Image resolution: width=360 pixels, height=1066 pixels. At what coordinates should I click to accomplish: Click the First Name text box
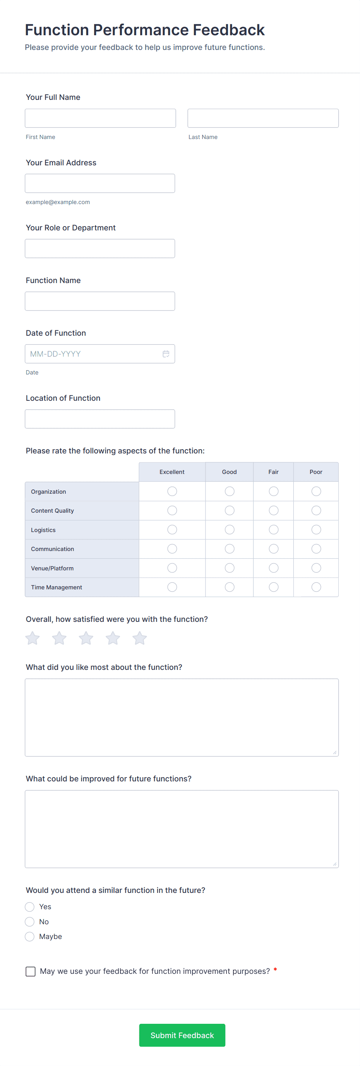tap(100, 118)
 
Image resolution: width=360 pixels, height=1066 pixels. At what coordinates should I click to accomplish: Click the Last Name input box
tap(263, 118)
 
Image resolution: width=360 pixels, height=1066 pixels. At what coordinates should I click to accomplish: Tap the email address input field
tap(100, 183)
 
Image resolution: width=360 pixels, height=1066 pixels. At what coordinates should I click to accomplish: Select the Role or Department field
tap(100, 248)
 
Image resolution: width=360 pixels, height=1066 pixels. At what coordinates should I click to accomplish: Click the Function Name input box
tap(100, 301)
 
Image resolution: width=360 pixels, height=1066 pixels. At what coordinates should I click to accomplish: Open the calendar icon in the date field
tap(166, 354)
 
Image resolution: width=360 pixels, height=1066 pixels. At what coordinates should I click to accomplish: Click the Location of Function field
tap(100, 419)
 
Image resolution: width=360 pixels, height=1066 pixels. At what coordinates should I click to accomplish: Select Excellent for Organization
tap(172, 491)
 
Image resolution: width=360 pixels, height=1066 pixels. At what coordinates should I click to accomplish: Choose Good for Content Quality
tap(230, 511)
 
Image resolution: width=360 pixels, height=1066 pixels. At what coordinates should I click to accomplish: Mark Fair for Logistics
tap(274, 530)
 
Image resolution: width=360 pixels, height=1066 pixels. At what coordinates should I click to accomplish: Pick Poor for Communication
tap(316, 549)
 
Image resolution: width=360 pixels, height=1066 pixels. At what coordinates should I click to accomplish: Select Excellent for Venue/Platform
tap(172, 568)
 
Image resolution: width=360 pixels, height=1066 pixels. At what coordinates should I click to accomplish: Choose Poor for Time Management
tap(316, 587)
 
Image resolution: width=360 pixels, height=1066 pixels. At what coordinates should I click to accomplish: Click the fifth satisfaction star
tap(139, 638)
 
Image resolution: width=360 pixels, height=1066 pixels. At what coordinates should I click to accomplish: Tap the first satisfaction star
tap(33, 638)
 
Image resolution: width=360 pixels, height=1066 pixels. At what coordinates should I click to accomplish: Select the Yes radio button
tap(30, 907)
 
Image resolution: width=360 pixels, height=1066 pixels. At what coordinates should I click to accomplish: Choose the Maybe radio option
tap(30, 936)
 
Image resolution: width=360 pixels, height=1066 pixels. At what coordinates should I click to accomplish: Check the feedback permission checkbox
tap(31, 971)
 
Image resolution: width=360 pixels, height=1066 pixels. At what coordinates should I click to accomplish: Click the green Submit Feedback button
tap(182, 1035)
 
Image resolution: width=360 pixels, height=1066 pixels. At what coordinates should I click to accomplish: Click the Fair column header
tap(274, 472)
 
